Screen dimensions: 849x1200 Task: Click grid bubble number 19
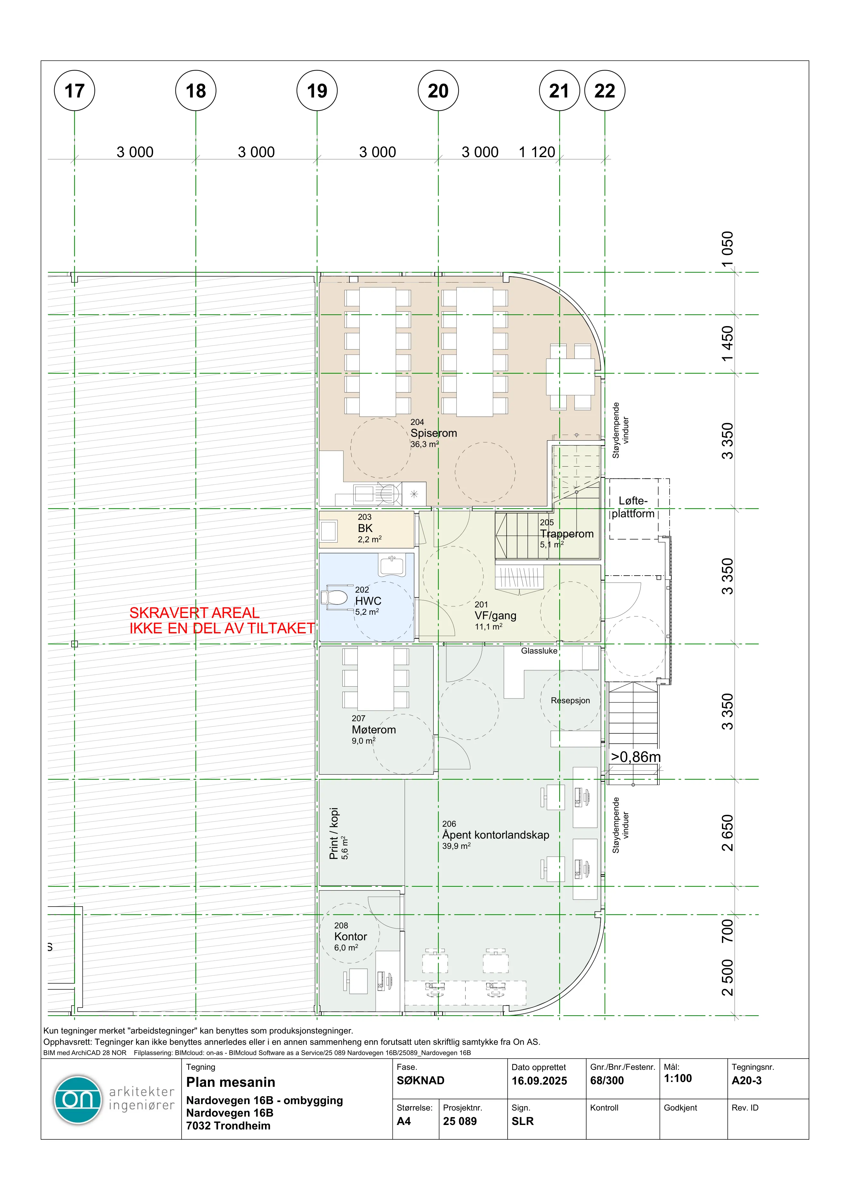point(317,90)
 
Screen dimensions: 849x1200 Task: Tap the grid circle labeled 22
point(605,90)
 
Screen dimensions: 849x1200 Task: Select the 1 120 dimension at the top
point(536,152)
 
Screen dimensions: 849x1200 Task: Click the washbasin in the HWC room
point(392,565)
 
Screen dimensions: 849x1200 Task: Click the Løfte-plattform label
point(633,507)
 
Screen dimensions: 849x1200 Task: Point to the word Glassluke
point(539,651)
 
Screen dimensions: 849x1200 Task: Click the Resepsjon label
point(570,700)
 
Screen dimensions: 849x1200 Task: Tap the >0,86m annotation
point(636,757)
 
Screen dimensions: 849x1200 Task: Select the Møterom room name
point(374,730)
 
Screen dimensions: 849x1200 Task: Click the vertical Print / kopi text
point(334,834)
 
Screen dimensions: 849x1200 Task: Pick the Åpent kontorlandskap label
point(496,835)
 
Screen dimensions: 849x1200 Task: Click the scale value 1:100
point(678,1078)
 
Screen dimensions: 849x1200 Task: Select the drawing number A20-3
point(747,1080)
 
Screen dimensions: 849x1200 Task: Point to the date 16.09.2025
point(539,1081)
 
